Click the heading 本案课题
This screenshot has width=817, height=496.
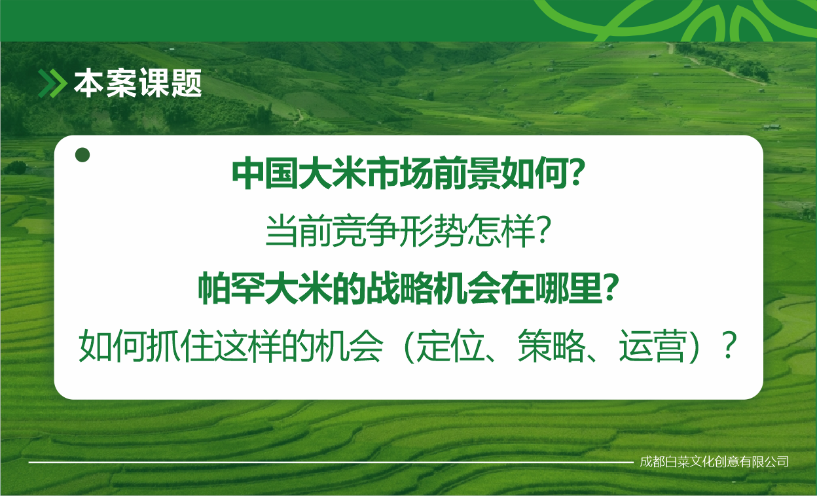click(x=138, y=83)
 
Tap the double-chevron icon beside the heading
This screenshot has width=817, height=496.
click(x=52, y=83)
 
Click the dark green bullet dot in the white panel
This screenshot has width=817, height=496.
click(x=82, y=155)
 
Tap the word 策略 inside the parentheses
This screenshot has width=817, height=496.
click(x=551, y=346)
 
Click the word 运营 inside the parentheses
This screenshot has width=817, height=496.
click(x=653, y=346)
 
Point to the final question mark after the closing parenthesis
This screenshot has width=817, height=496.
click(x=729, y=345)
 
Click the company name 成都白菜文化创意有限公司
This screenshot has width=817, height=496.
click(x=714, y=462)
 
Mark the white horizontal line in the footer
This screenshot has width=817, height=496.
click(x=331, y=463)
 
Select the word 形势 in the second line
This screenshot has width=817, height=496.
click(x=433, y=231)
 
